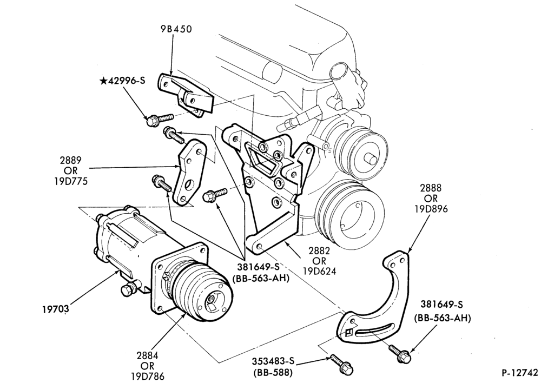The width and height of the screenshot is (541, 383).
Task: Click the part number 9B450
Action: coord(176,29)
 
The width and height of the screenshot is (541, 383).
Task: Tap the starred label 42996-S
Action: coord(122,81)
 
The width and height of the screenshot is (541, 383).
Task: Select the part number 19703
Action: coord(56,308)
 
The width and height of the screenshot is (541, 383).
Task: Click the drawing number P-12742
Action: coord(519,373)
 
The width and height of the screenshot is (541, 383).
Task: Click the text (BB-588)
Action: coord(273,373)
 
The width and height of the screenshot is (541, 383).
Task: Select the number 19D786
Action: coord(148,376)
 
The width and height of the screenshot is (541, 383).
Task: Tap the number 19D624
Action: coord(319,272)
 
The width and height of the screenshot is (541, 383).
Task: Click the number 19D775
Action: coord(71,181)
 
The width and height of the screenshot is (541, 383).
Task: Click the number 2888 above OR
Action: coord(431,188)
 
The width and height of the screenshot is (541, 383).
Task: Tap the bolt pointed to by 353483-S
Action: coord(340,364)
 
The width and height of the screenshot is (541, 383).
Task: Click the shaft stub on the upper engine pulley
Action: coord(371,159)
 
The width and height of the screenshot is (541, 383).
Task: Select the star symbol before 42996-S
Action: coord(103,81)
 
